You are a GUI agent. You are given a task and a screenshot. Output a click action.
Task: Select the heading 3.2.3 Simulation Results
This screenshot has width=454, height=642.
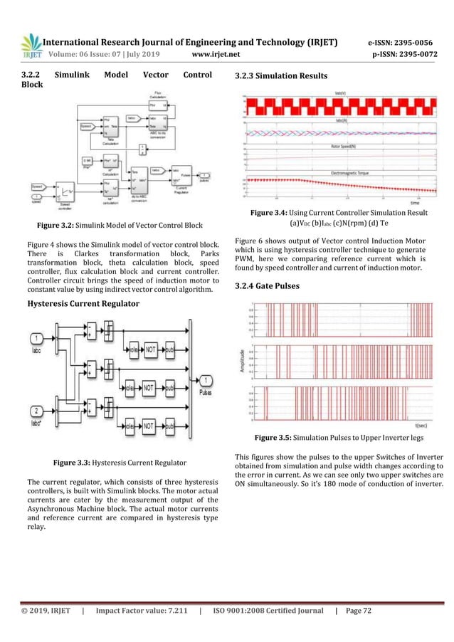(x=281, y=76)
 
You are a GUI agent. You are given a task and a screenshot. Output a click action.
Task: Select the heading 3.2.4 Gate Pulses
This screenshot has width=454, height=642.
(x=270, y=285)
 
